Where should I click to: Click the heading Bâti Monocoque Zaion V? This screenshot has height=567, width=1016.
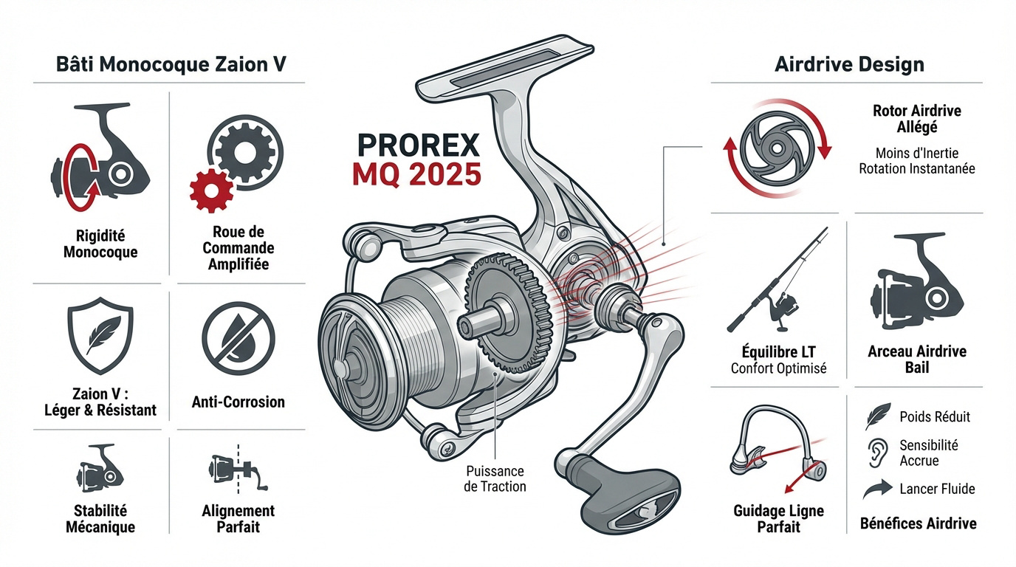pos(171,64)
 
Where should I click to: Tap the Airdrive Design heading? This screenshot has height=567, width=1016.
pos(849,64)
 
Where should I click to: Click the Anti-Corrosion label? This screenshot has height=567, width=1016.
pos(238,402)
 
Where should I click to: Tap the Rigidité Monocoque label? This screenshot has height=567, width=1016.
pos(100,244)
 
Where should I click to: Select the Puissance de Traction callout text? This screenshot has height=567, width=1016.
pos(495,478)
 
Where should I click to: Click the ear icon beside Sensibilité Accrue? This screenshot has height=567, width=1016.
pos(876,453)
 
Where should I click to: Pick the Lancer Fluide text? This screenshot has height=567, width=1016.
pos(937,489)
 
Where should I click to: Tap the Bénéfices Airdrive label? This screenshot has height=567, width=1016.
pos(918,523)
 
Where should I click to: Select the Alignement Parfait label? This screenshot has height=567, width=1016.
pos(238,518)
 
